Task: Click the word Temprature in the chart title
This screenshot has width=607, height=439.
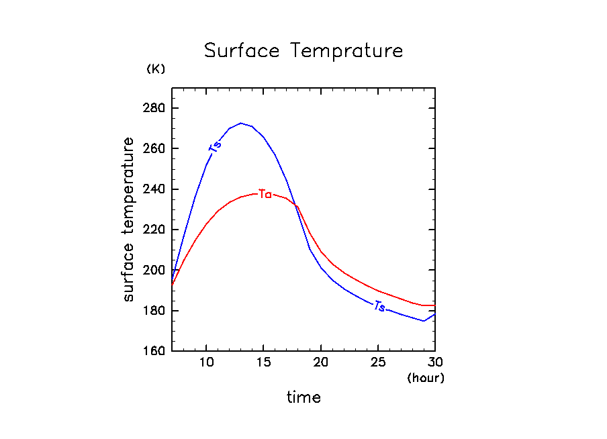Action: click(x=346, y=52)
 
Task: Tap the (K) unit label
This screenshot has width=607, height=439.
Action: click(x=155, y=69)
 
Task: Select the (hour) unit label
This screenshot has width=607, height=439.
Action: click(x=426, y=378)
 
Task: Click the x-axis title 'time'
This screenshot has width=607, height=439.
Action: click(x=303, y=397)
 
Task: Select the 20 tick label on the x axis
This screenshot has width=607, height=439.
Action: click(x=321, y=363)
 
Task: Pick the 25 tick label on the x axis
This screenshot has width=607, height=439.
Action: click(x=378, y=363)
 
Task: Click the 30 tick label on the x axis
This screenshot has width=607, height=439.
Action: click(x=435, y=363)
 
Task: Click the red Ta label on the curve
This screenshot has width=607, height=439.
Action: click(x=265, y=195)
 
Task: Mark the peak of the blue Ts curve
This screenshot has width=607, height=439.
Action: click(x=240, y=123)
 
